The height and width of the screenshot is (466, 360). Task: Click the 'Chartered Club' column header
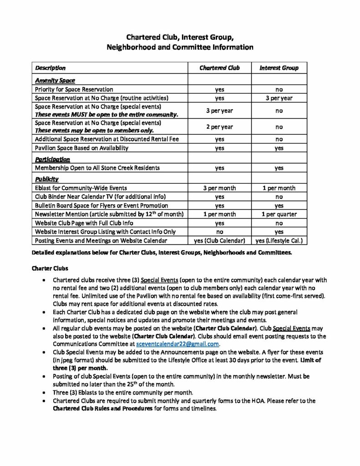point(219,68)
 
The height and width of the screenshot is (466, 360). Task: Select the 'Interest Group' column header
point(279,68)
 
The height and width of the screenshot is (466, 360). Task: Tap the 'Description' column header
point(50,68)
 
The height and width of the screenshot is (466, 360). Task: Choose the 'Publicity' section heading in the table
point(47,179)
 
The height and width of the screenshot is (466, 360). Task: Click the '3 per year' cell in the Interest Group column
point(279,98)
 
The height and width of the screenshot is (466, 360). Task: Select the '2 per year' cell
point(219,127)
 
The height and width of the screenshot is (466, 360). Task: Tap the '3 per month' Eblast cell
point(219,188)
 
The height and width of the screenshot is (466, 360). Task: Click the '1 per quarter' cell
point(279,214)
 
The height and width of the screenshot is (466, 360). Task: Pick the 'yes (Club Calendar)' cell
point(219,240)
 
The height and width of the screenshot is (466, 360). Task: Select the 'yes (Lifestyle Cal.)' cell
point(279,240)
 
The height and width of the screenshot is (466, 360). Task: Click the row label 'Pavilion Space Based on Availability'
point(81,148)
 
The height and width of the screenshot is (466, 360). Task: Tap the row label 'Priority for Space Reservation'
point(74,89)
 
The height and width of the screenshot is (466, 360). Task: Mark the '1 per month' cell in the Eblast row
point(279,188)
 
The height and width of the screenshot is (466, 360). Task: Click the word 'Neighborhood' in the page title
point(130,46)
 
